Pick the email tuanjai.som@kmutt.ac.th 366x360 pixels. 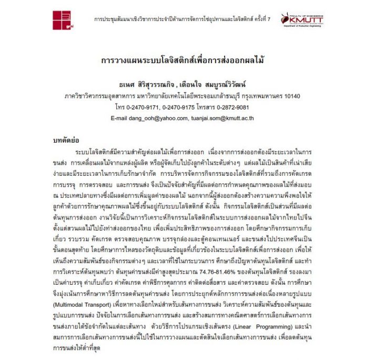[x=222, y=118]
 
